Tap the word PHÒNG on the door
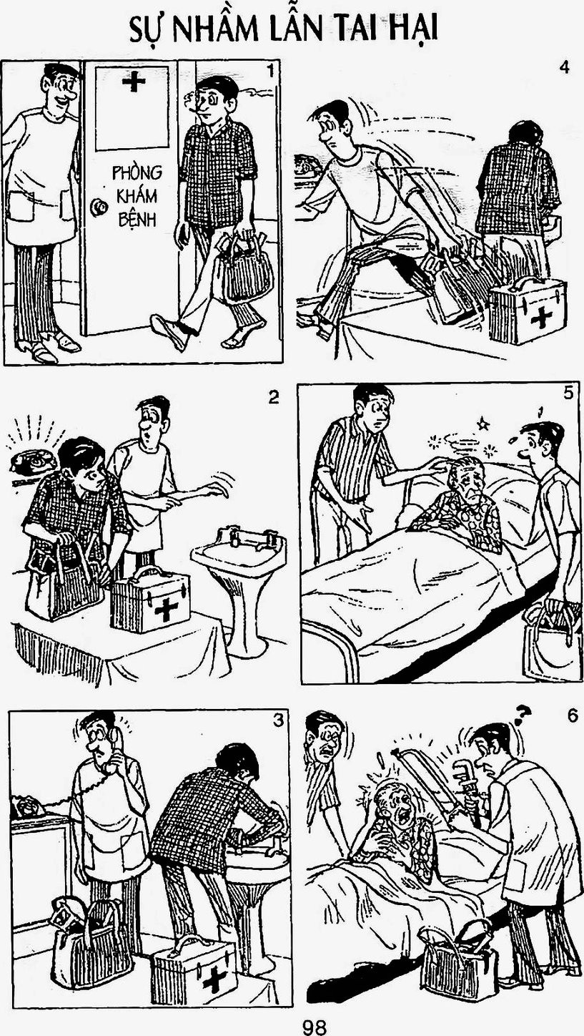[137, 172]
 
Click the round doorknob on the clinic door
[98, 207]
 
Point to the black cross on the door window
[134, 82]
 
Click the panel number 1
[271, 72]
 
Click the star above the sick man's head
[484, 422]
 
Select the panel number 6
[572, 716]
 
